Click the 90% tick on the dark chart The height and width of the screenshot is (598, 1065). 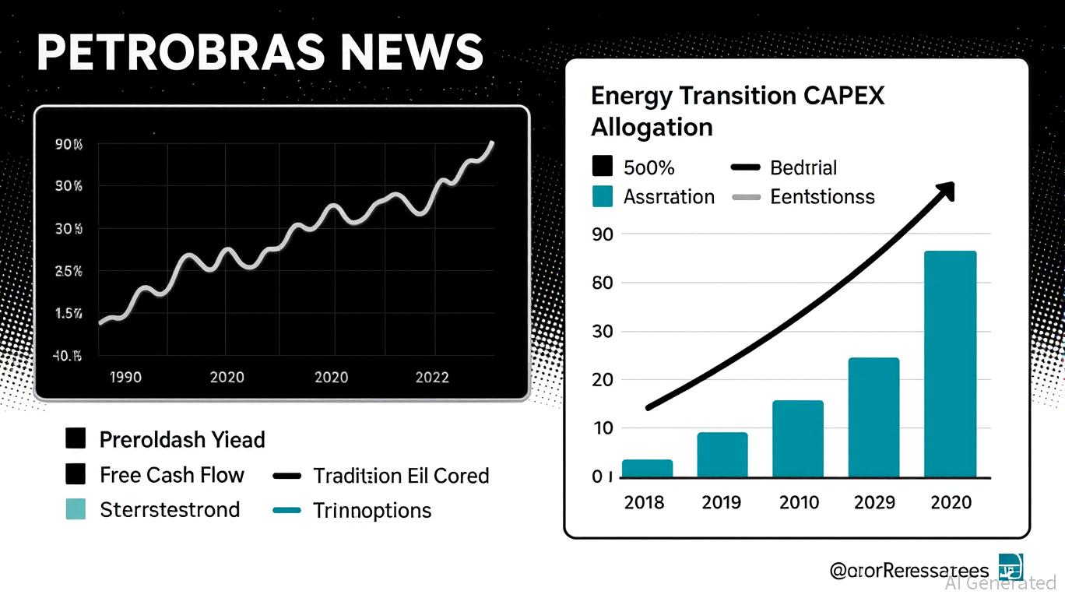69,145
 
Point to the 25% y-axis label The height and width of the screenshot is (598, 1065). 69,272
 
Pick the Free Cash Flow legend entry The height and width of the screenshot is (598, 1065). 171,475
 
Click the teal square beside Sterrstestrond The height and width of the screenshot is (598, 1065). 76,509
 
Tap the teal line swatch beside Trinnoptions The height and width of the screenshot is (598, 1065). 287,511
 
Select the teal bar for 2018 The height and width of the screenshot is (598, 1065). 647,469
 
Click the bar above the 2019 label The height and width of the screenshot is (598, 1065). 722,455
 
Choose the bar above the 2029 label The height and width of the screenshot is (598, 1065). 873,417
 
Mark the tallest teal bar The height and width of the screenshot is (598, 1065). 950,364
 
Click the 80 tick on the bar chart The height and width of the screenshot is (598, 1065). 603,283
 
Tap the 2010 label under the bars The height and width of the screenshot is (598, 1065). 800,502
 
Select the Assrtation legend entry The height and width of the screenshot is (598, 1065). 669,196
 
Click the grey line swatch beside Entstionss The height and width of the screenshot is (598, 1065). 746,198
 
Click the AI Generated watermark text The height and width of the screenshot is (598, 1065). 1000,582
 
